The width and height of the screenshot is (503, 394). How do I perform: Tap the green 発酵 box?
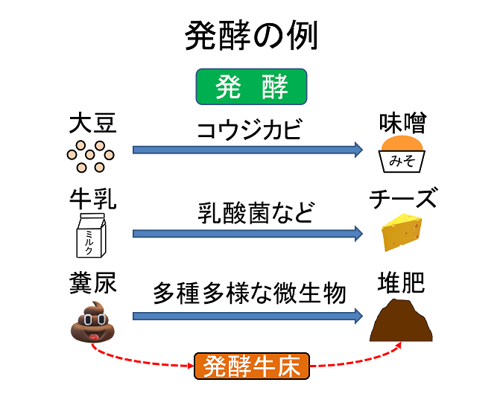(252, 88)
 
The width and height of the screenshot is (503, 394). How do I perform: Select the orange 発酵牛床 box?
(252, 366)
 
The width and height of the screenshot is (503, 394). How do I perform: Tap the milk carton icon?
(92, 235)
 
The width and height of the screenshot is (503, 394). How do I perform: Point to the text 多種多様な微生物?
(250, 293)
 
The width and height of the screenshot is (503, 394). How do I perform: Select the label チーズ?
(403, 200)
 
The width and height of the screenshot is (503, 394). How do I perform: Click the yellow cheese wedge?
(404, 233)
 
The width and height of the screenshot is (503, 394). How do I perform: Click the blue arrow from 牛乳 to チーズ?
(247, 234)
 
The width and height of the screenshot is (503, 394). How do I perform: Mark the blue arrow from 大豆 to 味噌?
(247, 150)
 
